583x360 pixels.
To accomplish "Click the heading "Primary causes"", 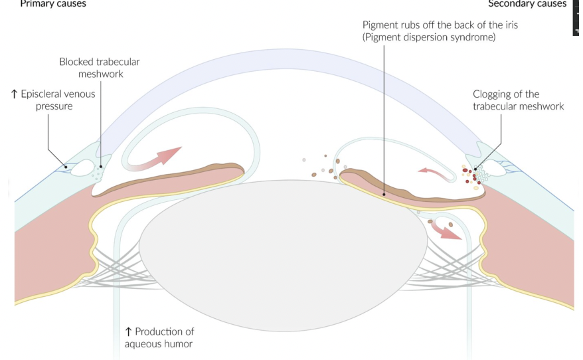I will pyautogui.click(x=53, y=4).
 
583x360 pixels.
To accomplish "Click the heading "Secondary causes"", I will pyautogui.click(x=527, y=4).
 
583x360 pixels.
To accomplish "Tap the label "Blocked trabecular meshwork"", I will pyautogui.click(x=100, y=68).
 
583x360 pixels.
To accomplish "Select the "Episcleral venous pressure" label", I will pyautogui.click(x=53, y=100).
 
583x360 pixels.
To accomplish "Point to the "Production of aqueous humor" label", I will pyautogui.click(x=159, y=337).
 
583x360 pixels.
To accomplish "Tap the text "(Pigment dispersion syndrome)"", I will pyautogui.click(x=429, y=37).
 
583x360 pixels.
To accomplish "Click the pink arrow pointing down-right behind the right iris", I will pyautogui.click(x=447, y=230).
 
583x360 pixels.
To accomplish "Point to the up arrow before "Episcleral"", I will pyautogui.click(x=14, y=94).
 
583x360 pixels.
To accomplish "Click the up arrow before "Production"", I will pyautogui.click(x=128, y=331).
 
